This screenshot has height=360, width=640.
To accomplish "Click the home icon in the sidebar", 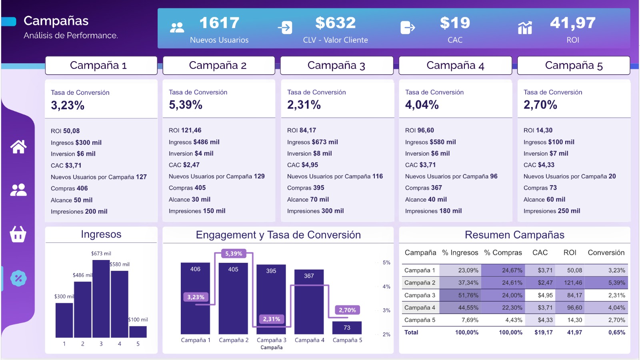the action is pos(18,146).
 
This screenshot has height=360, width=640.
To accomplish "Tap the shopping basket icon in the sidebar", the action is pos(18,234).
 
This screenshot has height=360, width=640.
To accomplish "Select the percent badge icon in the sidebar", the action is pos(18,278).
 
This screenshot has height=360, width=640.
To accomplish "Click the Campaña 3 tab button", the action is pos(336,66).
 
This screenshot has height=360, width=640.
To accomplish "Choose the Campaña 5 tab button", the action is pos(574,66).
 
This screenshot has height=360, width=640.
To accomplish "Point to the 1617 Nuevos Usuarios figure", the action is pos(219,23).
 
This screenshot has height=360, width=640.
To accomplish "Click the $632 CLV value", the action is pos(336,23).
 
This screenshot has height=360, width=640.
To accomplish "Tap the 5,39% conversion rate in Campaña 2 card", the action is pos(186,105).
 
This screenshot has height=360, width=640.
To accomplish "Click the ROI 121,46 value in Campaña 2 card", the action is pos(185,130).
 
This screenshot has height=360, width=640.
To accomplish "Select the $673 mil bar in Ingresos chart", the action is pos(101,298).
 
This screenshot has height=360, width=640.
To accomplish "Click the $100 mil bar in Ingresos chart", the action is pos(138,332).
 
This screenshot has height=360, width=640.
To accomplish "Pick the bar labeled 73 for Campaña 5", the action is pos(347,328).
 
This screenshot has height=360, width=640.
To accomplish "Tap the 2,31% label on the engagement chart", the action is pos(272,319).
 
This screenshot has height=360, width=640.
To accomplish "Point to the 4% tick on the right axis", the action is pos(386,286).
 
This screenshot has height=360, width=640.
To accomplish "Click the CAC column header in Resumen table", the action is pos(540,252).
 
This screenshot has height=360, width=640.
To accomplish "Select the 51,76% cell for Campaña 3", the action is pos(468,295).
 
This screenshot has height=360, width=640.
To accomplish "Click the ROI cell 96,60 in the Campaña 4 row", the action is pos(574,308).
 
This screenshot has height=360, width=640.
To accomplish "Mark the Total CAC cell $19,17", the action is pos(544,332).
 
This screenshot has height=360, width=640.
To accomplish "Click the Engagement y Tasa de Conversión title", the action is pos(278,235).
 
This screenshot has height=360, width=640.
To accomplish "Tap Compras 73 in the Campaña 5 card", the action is pos(540,188).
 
